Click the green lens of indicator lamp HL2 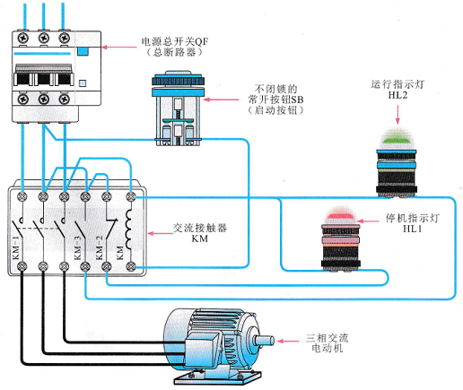(396, 139)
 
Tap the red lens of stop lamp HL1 (340, 215)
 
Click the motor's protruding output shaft (264, 341)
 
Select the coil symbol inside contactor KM (128, 229)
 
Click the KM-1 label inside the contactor (16, 248)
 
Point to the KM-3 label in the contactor (77, 248)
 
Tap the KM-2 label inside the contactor (99, 248)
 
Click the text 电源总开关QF (175, 41)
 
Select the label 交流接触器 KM (200, 233)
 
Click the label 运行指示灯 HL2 (397, 90)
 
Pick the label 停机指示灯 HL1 (412, 223)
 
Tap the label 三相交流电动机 (327, 343)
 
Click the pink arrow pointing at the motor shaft (288, 341)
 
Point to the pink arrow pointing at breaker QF (119, 47)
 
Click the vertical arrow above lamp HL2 (397, 114)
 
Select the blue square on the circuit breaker (83, 51)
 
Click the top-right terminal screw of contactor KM (130, 196)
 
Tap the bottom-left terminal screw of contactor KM (22, 266)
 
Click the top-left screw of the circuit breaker (22, 39)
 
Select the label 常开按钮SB (275, 100)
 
